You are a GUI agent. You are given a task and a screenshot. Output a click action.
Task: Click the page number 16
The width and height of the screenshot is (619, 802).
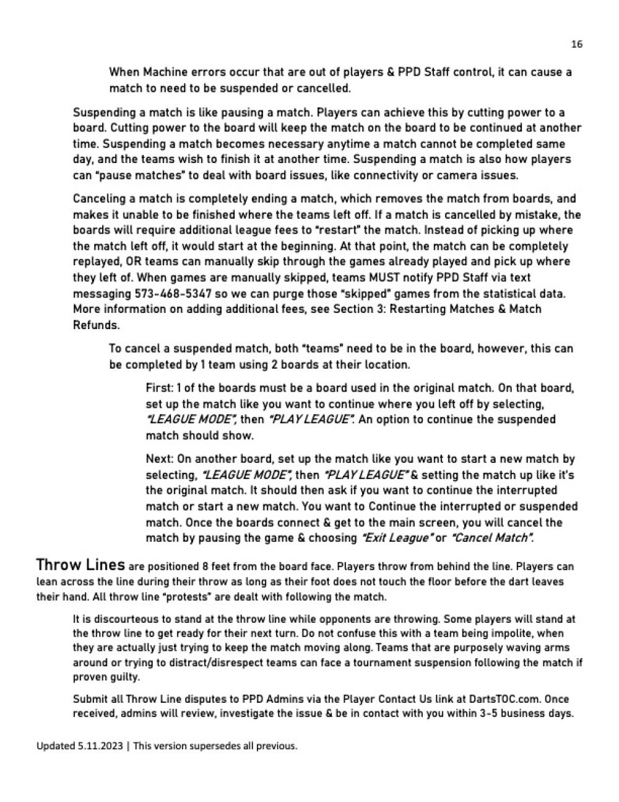[x=577, y=44]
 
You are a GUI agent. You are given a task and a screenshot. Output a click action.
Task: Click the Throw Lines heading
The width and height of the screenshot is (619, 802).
[x=80, y=565]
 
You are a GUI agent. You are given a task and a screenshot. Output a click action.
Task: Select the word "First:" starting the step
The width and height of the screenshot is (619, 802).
[x=160, y=388]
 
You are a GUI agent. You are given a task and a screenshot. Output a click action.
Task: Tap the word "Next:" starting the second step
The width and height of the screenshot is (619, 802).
[x=160, y=459]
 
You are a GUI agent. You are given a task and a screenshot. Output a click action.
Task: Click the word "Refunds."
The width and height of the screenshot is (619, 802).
[x=96, y=325]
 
